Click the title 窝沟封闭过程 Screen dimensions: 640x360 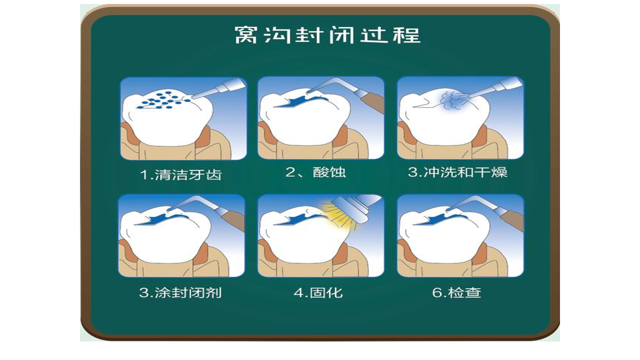(327, 35)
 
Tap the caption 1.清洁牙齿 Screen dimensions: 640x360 (181, 175)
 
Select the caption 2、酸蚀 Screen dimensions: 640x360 (316, 172)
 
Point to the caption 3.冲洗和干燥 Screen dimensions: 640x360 (457, 172)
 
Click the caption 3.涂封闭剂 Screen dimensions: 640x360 (180, 293)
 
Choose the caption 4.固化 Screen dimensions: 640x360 (318, 293)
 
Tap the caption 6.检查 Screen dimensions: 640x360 (456, 293)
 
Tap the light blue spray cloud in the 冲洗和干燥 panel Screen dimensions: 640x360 (452, 101)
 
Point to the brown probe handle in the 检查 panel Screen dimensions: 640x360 (510, 218)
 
